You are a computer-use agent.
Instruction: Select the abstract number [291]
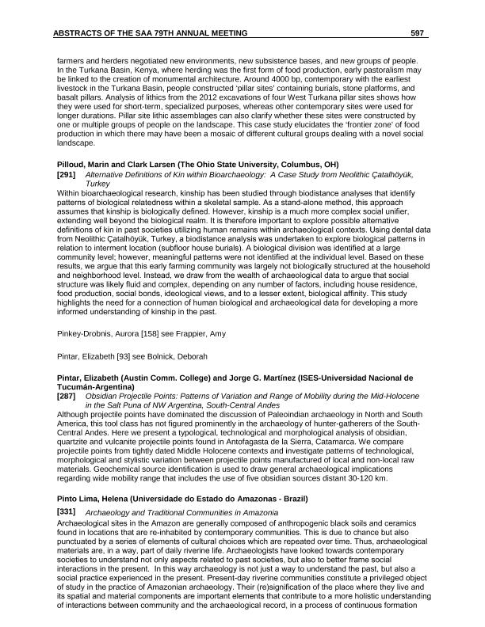[67, 173]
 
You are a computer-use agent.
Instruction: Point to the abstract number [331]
[67, 512]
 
